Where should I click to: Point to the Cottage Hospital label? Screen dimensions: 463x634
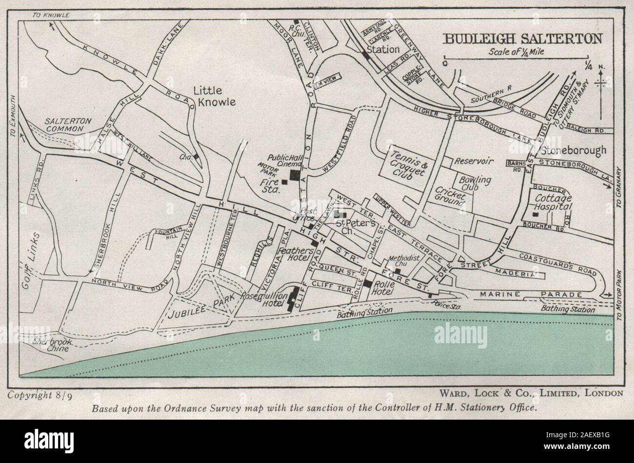click(x=553, y=203)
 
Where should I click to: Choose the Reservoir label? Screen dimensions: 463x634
click(x=475, y=161)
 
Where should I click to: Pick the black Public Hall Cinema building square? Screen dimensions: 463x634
click(x=295, y=175)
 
